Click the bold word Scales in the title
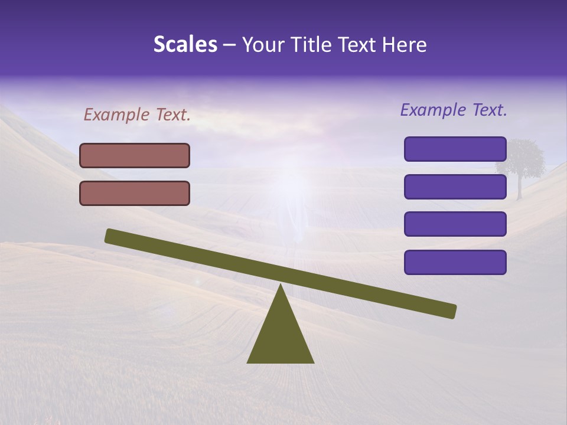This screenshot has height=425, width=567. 185,45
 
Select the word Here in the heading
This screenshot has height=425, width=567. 404,45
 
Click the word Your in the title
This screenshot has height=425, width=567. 264,45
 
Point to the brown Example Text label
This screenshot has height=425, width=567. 137,115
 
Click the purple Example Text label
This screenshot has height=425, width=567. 454,110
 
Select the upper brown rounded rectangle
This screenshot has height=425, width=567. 135,155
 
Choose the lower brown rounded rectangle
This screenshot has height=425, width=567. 135,193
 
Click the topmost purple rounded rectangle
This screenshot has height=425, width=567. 455,149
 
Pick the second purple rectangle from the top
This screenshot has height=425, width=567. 455,187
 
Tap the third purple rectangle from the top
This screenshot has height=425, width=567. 455,224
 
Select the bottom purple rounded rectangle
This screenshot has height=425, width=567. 455,262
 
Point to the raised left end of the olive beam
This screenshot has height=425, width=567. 112,236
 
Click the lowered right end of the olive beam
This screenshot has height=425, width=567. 449,310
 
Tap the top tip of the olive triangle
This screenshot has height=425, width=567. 281,286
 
